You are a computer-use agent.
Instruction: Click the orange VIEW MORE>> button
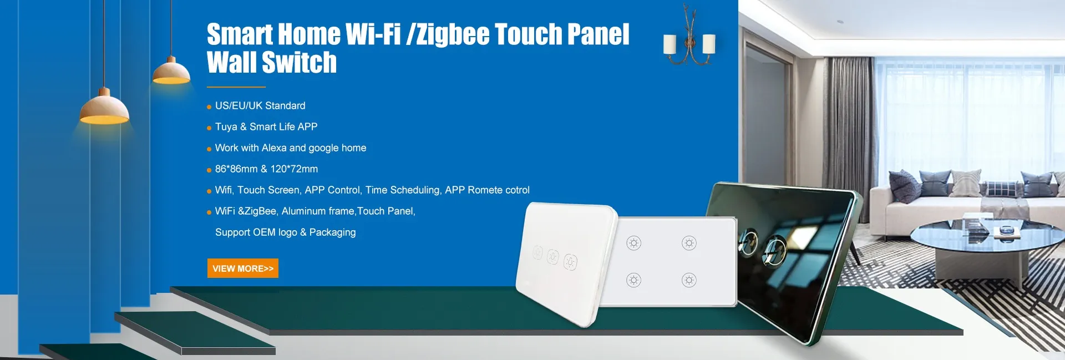[243, 268]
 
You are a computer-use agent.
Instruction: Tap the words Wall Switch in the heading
[272, 62]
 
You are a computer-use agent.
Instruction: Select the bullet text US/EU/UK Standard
[260, 105]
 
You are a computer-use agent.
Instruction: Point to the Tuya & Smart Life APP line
[266, 126]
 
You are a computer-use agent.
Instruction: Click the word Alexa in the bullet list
[274, 148]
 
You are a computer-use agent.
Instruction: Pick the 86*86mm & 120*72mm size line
[266, 169]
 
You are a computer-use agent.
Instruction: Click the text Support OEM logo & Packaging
[286, 232]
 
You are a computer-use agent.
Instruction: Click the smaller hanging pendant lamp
[171, 72]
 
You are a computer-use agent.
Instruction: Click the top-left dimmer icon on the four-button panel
[633, 243]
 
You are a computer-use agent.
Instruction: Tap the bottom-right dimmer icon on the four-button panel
[689, 280]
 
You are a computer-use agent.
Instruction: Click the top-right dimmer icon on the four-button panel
[689, 243]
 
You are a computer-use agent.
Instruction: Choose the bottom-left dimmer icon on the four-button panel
[633, 280]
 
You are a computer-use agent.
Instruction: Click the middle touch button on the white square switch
[553, 257]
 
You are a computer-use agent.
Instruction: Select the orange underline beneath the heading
[236, 87]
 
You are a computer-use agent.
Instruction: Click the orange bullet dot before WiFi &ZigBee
[209, 212]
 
